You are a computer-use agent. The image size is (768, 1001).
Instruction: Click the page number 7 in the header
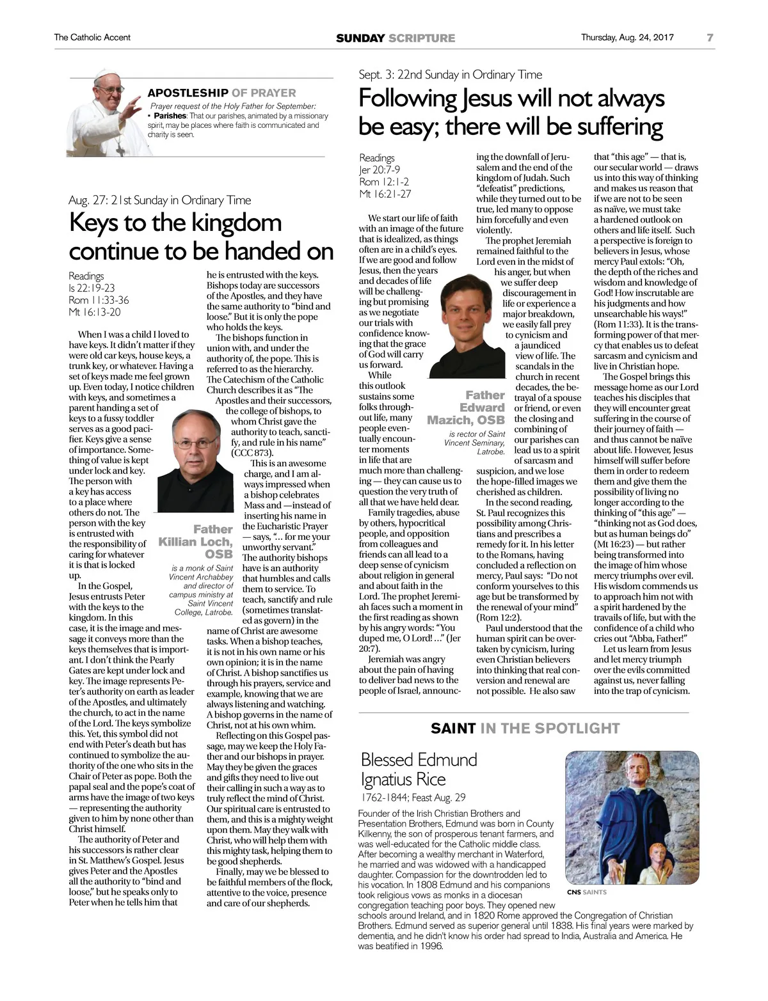pyautogui.click(x=710, y=38)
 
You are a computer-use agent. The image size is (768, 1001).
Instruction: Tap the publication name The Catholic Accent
pyautogui.click(x=92, y=38)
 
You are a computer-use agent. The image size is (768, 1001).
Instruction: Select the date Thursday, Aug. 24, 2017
pyautogui.click(x=627, y=38)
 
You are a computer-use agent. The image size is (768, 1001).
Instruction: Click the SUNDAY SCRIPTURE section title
pyautogui.click(x=396, y=38)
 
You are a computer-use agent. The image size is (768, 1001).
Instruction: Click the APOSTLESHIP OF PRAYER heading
pyautogui.click(x=221, y=93)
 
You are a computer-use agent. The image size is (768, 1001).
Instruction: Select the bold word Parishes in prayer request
pyautogui.click(x=170, y=116)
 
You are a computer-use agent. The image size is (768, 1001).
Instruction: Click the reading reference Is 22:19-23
pyautogui.click(x=92, y=288)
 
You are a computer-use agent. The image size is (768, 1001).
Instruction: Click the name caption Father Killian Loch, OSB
pyautogui.click(x=196, y=542)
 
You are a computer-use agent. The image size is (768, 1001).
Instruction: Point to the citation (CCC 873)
pyautogui.click(x=252, y=453)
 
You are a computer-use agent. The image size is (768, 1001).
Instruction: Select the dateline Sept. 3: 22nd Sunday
pyautogui.click(x=450, y=75)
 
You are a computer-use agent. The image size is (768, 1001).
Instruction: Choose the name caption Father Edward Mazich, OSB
pyautogui.click(x=468, y=407)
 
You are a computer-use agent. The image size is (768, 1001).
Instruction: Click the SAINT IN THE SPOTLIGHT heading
pyautogui.click(x=525, y=729)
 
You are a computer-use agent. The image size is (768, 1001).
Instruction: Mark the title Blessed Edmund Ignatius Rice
pyautogui.click(x=419, y=769)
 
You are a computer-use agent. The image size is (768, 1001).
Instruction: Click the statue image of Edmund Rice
pyautogui.click(x=632, y=818)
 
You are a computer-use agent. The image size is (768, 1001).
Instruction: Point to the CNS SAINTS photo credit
pyautogui.click(x=586, y=892)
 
